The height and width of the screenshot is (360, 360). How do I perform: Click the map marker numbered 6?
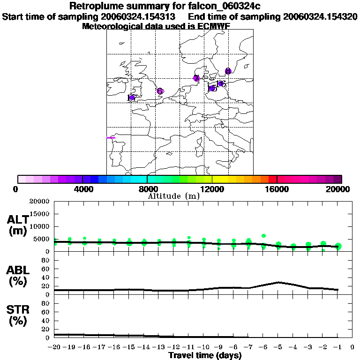(x=160, y=91)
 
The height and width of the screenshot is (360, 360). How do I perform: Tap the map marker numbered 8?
(x=228, y=71)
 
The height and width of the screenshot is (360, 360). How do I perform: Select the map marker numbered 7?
(x=196, y=78)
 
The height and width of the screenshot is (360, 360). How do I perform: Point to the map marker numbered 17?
(x=132, y=97)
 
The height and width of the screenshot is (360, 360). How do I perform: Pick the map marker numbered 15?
(x=212, y=88)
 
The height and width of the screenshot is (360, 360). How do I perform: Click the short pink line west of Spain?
(x=111, y=137)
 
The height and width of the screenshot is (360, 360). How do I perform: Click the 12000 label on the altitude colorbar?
(x=212, y=189)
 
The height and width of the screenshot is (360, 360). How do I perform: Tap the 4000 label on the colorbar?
(x=82, y=189)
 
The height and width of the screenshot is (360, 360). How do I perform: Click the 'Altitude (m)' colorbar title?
(x=173, y=196)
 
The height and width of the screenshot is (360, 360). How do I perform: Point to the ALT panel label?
(x=18, y=225)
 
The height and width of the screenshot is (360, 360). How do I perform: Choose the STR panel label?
(x=18, y=315)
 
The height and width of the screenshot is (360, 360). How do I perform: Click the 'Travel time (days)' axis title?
(x=205, y=355)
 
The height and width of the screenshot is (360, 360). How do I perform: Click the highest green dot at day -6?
(x=264, y=236)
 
